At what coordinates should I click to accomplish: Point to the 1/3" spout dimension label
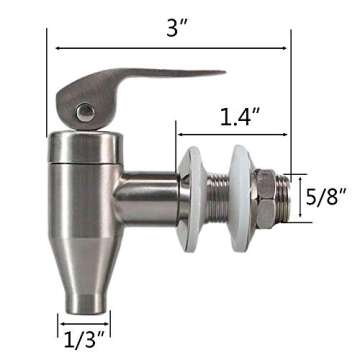(x=84, y=338)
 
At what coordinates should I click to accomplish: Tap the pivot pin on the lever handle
(x=86, y=113)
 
